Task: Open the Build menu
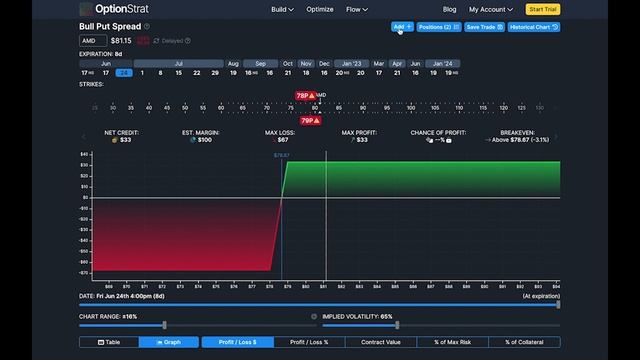click(x=282, y=9)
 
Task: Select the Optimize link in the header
click(x=321, y=9)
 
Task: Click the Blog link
click(x=450, y=9)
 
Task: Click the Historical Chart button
click(x=534, y=27)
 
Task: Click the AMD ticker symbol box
click(x=92, y=41)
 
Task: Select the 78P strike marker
click(x=305, y=96)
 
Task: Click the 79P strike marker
click(x=310, y=120)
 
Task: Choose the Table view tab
click(x=108, y=342)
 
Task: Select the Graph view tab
click(x=167, y=342)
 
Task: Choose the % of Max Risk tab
click(x=452, y=342)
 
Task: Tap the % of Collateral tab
click(x=523, y=342)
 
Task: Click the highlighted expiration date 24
click(x=123, y=73)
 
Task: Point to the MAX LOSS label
click(x=281, y=132)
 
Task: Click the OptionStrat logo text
click(x=117, y=9)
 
